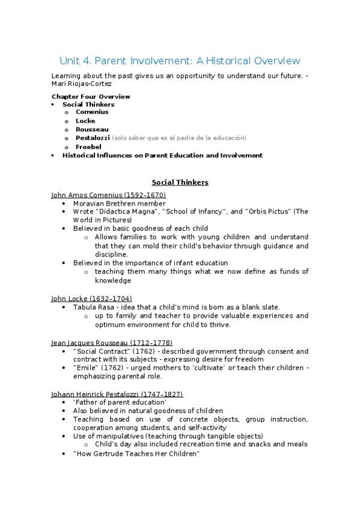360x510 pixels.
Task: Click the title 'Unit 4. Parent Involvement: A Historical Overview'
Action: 180,61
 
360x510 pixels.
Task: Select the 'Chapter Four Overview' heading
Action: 91,96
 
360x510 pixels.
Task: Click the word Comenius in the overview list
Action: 92,112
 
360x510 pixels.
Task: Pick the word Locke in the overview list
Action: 85,121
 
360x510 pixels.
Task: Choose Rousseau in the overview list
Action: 92,129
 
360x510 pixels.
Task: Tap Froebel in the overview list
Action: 88,146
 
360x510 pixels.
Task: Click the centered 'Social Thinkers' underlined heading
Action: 180,182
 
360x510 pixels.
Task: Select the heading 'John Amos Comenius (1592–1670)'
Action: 109,195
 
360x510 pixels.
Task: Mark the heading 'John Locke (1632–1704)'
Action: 92,298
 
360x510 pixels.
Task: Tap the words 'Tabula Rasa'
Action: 94,307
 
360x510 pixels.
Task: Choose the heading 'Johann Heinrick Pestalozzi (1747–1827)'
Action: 117,394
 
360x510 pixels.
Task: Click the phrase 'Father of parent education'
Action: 120,402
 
